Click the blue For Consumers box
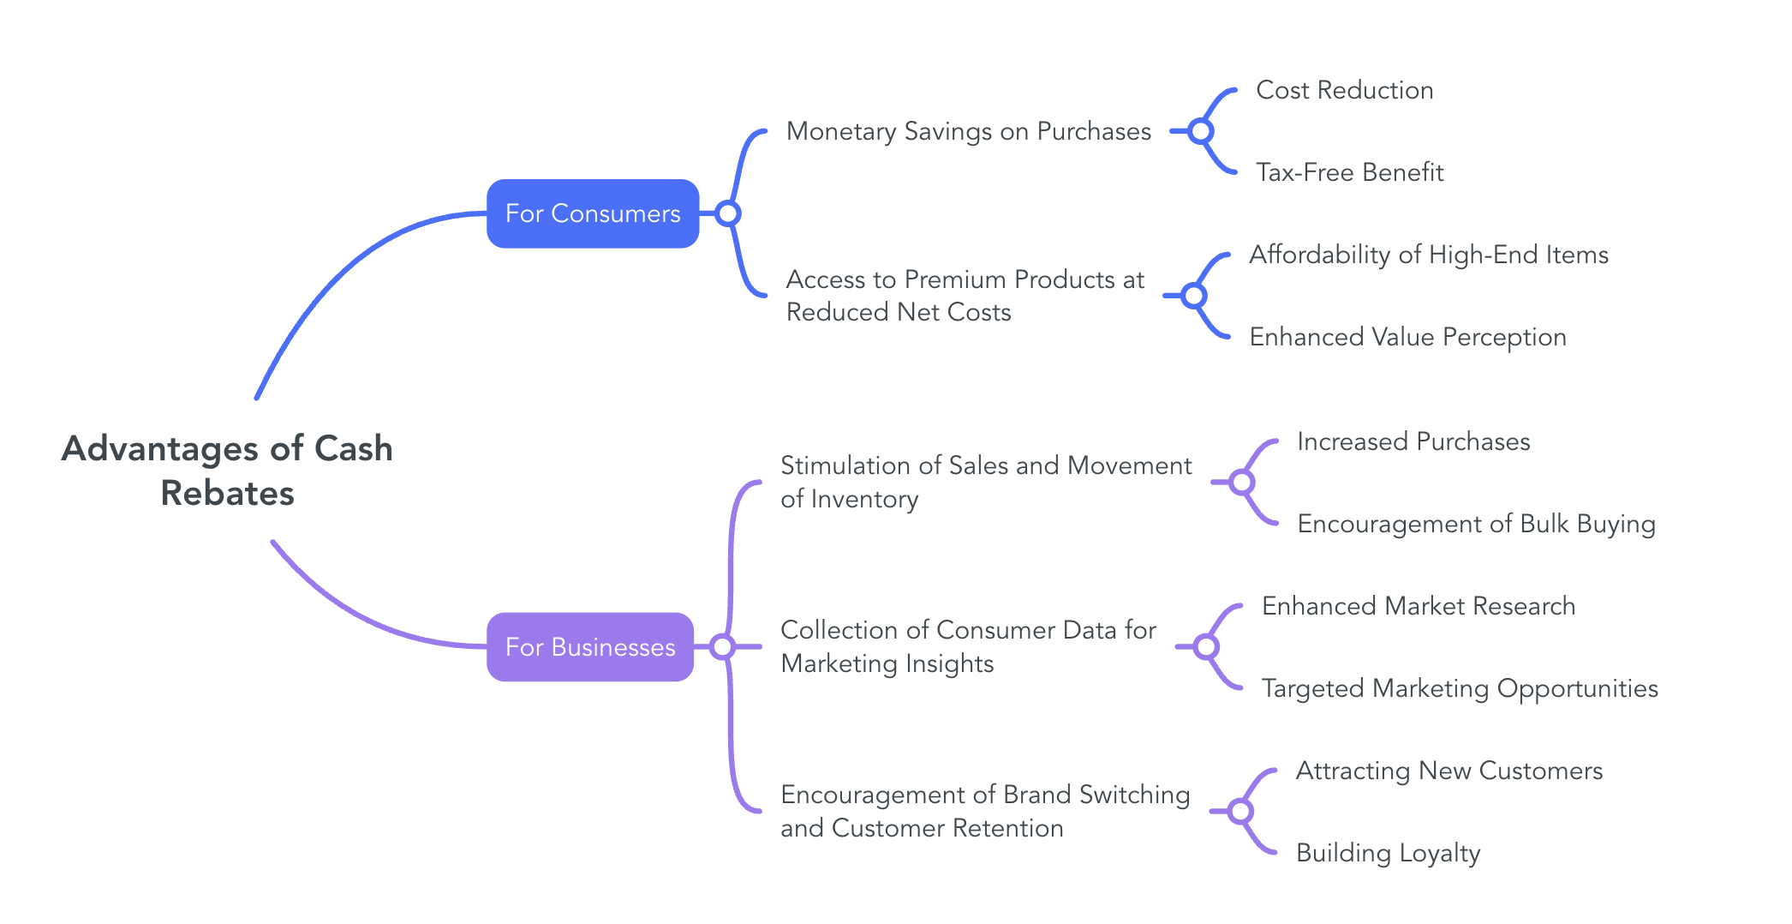[593, 213]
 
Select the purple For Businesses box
[590, 647]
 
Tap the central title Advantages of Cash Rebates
[227, 471]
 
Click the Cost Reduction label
[1344, 90]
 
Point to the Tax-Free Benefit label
[1349, 172]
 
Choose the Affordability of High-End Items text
[1428, 255]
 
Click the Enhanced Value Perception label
[1407, 337]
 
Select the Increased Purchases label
[1413, 441]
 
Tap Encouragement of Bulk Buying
[1476, 524]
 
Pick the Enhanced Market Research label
[1419, 606]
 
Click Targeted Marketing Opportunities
[1460, 688]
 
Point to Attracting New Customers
[1449, 771]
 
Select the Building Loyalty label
[1388, 853]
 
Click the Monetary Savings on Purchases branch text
[968, 131]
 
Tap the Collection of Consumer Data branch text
[968, 646]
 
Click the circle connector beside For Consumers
[728, 213]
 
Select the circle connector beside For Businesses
[722, 647]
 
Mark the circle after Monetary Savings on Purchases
[1201, 131]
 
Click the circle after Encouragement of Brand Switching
[1240, 811]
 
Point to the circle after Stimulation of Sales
[1242, 483]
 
